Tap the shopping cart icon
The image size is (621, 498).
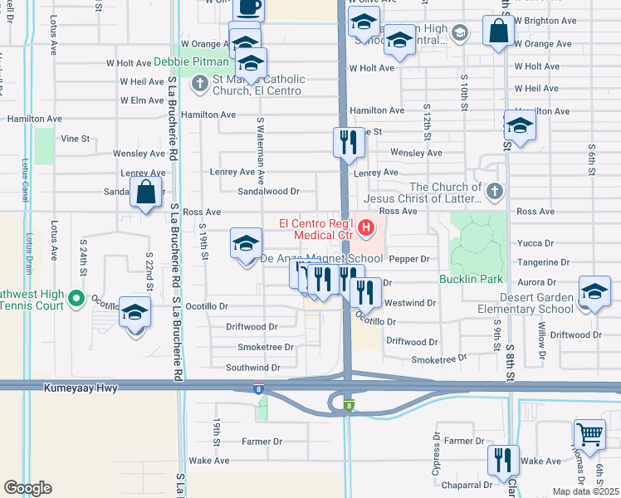589,433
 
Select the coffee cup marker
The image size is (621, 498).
248,7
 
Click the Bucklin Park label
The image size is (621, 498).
467,278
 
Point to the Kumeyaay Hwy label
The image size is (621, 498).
84,388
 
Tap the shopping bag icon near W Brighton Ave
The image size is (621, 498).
498,32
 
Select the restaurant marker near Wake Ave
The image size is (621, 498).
503,461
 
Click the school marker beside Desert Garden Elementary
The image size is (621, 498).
594,291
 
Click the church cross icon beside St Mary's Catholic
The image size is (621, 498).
199,84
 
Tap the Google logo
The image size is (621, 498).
27,488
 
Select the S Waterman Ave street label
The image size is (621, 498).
260,150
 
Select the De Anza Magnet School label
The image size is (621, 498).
322,259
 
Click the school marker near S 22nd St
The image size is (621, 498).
134,313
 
